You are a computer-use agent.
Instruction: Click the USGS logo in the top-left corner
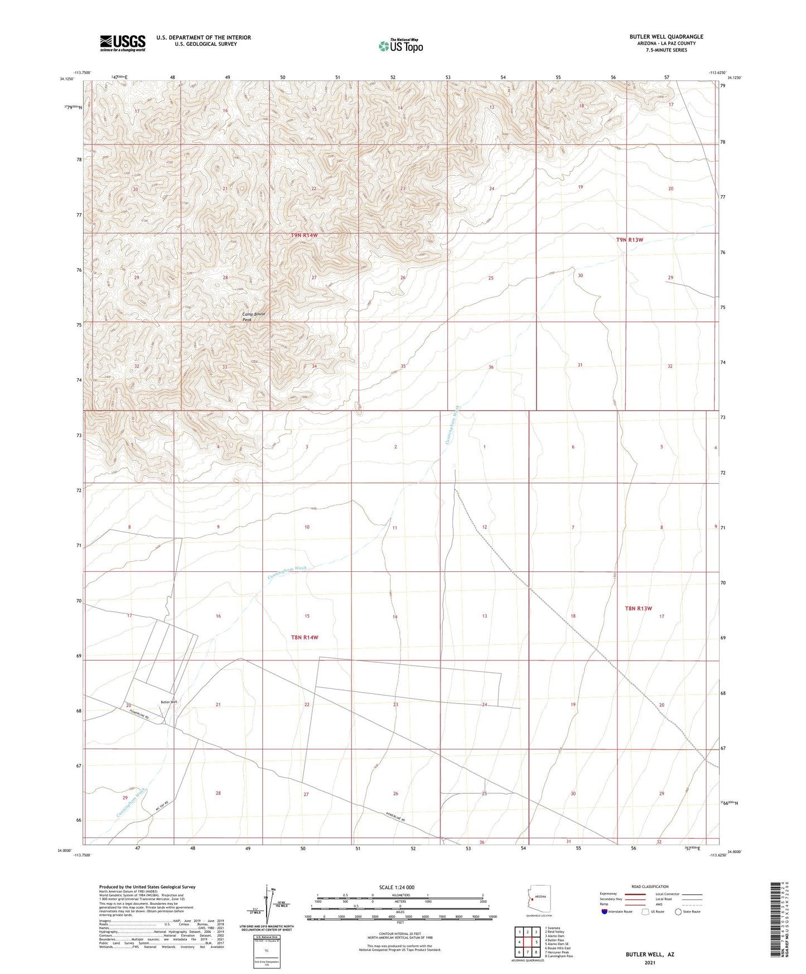pos(123,43)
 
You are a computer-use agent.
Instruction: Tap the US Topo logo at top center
pos(400,46)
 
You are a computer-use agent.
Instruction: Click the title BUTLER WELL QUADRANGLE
pos(666,37)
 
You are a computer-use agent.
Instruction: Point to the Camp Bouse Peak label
pos(254,316)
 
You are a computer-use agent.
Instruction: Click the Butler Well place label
pos(168,702)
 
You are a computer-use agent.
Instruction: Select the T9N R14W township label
pos(305,235)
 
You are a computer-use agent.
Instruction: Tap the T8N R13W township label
pos(638,609)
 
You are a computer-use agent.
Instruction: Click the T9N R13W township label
pos(629,240)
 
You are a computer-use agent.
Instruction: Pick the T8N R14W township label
pos(305,637)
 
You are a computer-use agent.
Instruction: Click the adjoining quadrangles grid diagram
pos(527,943)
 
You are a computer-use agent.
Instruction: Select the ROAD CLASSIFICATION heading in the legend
pos(650,886)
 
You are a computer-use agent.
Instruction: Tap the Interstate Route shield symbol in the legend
pos(605,912)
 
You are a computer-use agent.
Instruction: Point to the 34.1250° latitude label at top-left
pos(66,79)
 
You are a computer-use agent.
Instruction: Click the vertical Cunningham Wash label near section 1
pos(452,425)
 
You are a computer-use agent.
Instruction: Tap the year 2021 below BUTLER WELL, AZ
pos(649,962)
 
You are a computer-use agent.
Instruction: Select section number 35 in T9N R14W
pos(403,367)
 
